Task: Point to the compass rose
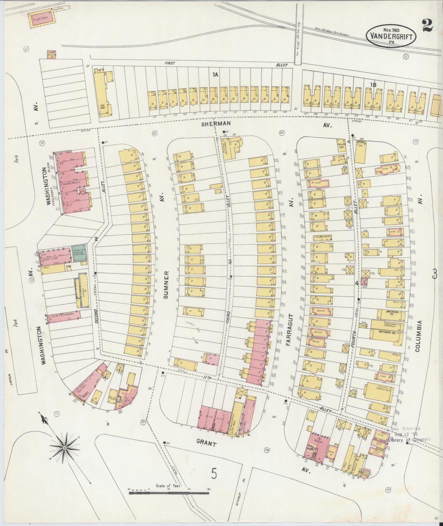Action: [65, 448]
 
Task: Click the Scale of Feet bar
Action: [169, 493]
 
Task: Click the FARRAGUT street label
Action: [290, 330]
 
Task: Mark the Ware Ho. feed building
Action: [341, 145]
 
